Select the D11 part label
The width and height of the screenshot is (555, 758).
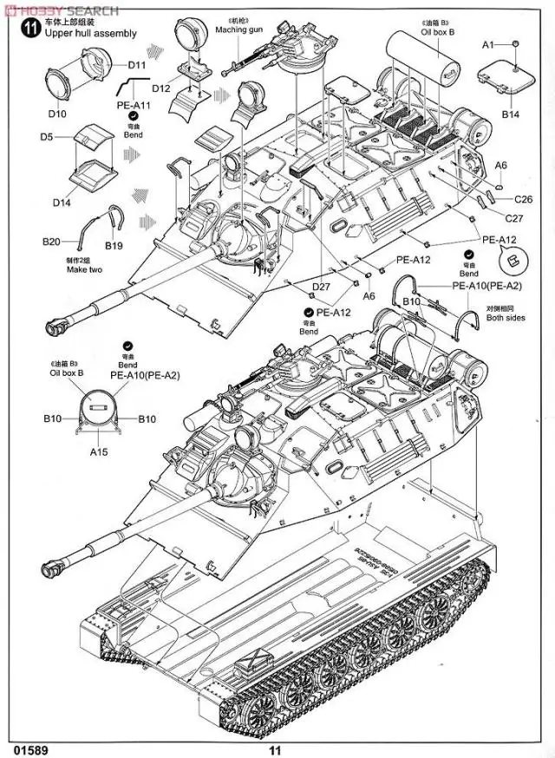[137, 64]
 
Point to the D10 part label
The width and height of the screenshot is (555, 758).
[57, 114]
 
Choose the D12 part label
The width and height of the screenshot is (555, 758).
[160, 88]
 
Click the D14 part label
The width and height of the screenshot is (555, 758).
[61, 202]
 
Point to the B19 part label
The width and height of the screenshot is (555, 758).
[114, 246]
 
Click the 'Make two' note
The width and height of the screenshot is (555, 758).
[83, 269]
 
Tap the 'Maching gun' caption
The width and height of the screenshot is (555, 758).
[239, 30]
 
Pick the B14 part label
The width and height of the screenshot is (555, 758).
[510, 114]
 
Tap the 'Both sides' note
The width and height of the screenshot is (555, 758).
[506, 318]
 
